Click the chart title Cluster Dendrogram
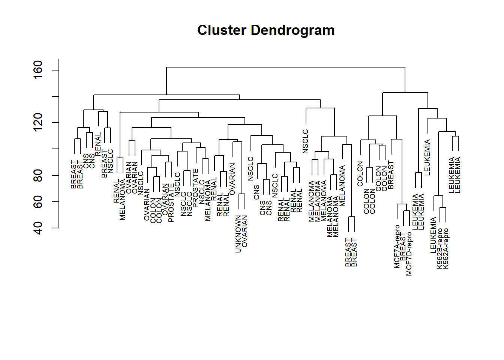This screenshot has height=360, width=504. [x=266, y=30]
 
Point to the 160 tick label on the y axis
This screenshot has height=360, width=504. [x=38, y=70]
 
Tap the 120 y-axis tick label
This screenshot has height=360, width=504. [x=38, y=123]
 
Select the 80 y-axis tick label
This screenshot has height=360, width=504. [x=38, y=175]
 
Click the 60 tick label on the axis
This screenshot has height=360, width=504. [x=38, y=202]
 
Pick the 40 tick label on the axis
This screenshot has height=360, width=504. [x=38, y=228]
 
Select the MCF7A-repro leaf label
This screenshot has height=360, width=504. [x=397, y=246]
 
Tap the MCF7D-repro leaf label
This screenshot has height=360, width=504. [x=409, y=254]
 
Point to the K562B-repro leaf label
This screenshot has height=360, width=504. [x=440, y=248]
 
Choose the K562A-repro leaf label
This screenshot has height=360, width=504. [x=446, y=248]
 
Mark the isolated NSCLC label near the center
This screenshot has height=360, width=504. [x=306, y=141]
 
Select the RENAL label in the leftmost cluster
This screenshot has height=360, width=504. [x=98, y=144]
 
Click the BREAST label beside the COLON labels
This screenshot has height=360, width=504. [x=391, y=175]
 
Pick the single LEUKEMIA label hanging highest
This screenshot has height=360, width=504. [x=427, y=157]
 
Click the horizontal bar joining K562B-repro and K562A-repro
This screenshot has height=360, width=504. [x=443, y=207]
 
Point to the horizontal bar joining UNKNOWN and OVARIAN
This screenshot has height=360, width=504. [x=242, y=194]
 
